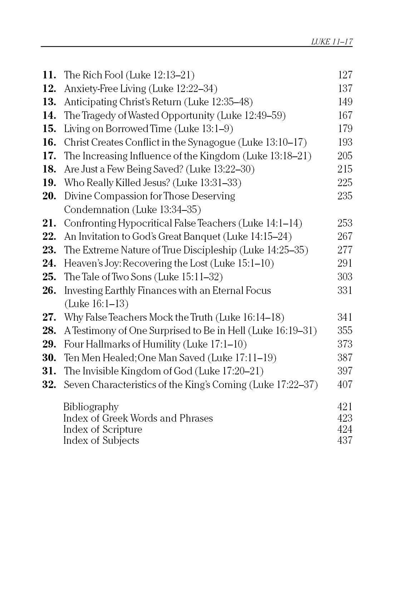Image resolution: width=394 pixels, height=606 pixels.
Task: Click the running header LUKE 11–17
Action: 331,42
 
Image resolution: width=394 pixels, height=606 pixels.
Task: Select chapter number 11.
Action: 49,75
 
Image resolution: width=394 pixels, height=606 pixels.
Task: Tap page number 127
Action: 345,75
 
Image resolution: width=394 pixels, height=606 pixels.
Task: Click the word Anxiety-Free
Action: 87,89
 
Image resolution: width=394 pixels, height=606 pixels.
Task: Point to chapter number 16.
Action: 49,142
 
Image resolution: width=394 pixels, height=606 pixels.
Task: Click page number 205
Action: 345,156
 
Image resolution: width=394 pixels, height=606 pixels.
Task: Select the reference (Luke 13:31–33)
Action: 207,183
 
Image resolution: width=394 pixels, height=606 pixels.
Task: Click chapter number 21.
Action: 49,223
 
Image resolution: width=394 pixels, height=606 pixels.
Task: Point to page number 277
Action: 345,250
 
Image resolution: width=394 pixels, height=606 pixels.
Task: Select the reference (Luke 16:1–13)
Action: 96,304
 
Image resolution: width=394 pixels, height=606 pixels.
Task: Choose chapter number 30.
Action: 49,358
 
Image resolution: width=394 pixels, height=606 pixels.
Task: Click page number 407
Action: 345,385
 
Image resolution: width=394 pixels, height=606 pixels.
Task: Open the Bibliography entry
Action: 91,407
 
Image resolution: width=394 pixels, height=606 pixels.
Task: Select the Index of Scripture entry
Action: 103,430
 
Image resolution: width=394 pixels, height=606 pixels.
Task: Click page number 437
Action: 345,441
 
